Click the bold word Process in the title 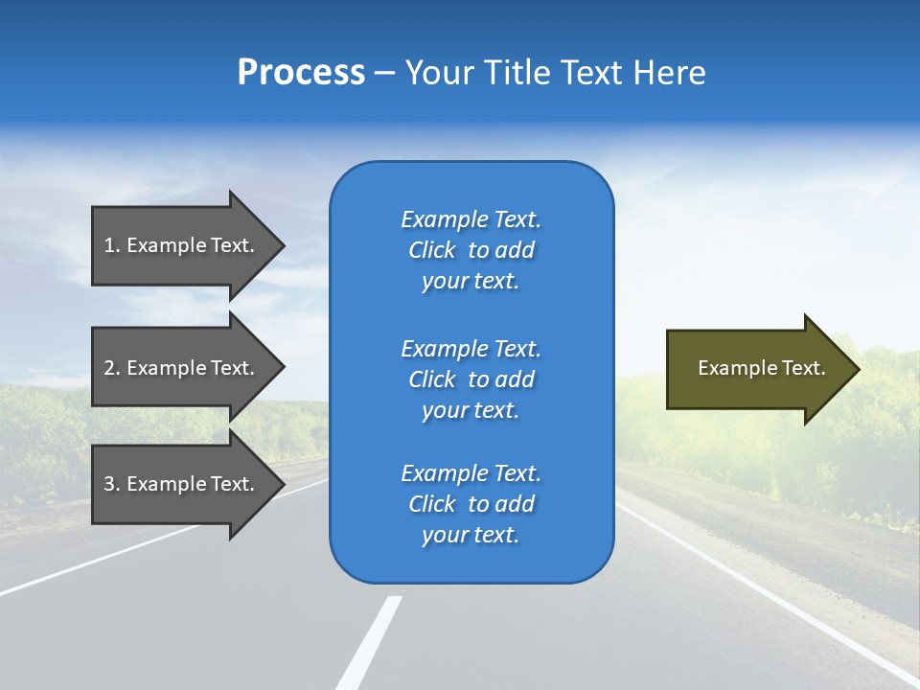(301, 73)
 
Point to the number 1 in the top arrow (110, 245)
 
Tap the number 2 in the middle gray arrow (110, 368)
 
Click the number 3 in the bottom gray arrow (110, 484)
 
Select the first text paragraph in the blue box (471, 250)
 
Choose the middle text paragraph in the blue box (471, 379)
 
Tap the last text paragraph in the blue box (471, 504)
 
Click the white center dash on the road (369, 642)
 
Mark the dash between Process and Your (384, 74)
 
